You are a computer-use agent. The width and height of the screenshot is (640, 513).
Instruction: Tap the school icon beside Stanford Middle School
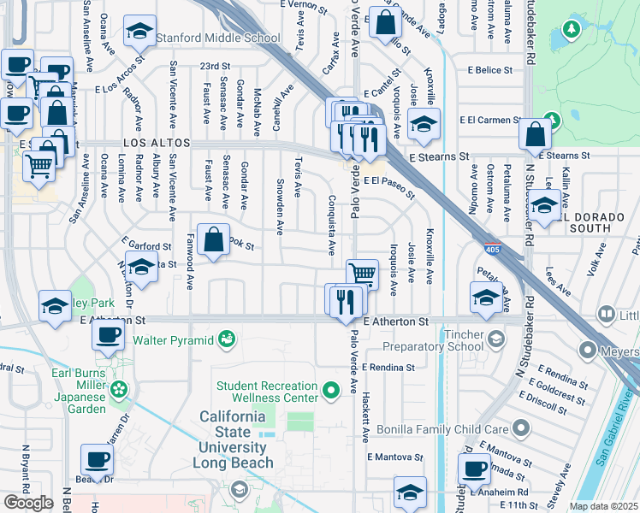tap(139, 32)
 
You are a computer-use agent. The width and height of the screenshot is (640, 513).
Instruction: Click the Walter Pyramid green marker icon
tap(226, 341)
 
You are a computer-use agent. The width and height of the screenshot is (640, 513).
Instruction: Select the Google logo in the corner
tap(28, 503)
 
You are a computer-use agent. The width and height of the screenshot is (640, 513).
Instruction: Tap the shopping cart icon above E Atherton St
tap(362, 274)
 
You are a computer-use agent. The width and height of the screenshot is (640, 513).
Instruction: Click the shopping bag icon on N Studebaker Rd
tap(535, 134)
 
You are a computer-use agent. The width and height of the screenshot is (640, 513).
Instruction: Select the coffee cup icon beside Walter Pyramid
tap(108, 334)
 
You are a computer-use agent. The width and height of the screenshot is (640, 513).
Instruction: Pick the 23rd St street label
tap(216, 66)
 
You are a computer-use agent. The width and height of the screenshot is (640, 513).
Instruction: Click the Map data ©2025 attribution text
tap(604, 506)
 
